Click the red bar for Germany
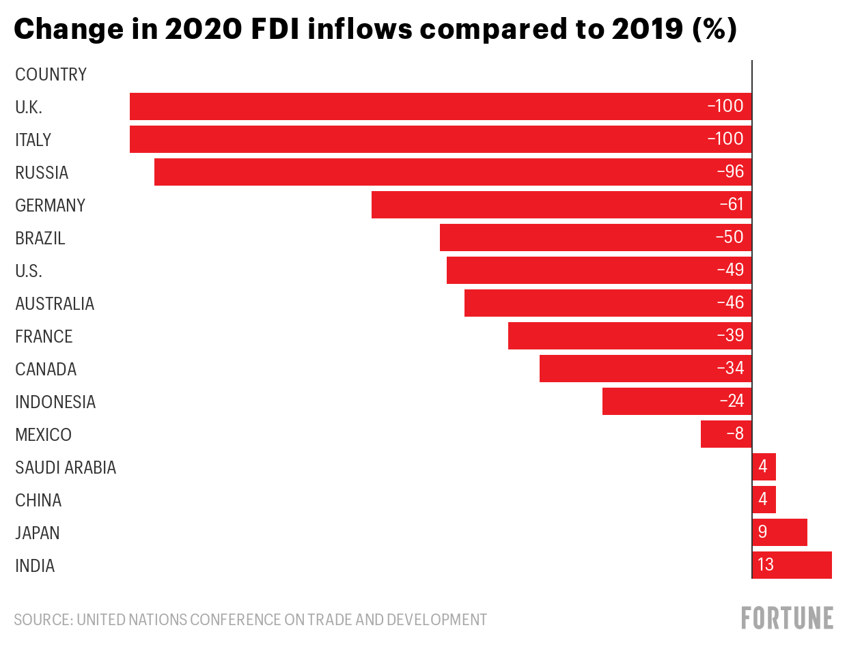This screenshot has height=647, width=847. [560, 205]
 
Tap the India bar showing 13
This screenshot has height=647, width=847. [792, 565]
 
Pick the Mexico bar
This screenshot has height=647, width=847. [725, 434]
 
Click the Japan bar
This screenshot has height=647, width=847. [780, 532]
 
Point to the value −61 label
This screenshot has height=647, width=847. [731, 205]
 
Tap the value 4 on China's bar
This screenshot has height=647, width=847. [763, 500]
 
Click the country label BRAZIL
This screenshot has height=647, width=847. [40, 238]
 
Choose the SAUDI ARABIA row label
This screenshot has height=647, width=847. [66, 468]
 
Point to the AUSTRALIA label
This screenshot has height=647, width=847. [55, 304]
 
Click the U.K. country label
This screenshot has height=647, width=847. [29, 107]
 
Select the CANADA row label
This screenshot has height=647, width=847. [46, 369]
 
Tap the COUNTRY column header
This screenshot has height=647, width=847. [51, 74]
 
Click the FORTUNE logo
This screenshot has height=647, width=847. [787, 618]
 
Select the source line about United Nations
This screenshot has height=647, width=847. [250, 620]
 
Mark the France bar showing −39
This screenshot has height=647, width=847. [628, 336]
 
